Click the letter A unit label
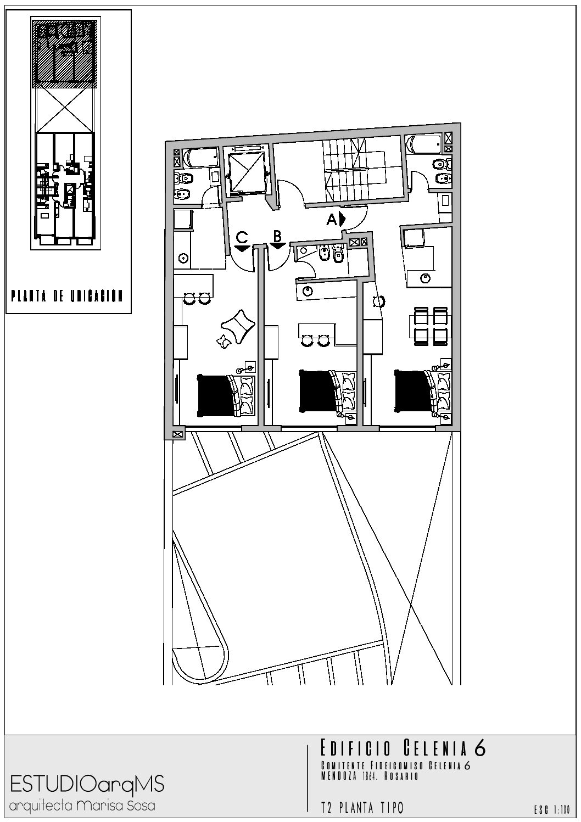[332, 220]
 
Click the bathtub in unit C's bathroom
[199, 158]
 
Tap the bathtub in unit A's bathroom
[424, 146]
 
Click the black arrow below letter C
[242, 248]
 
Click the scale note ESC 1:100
[551, 809]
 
